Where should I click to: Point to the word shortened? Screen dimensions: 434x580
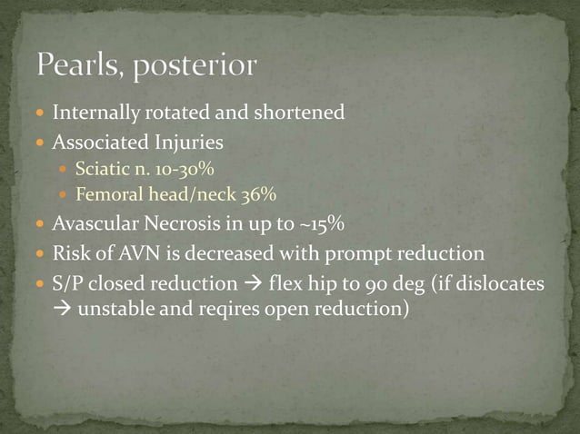pyautogui.click(x=299, y=113)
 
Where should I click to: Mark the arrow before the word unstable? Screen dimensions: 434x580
pyautogui.click(x=63, y=311)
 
